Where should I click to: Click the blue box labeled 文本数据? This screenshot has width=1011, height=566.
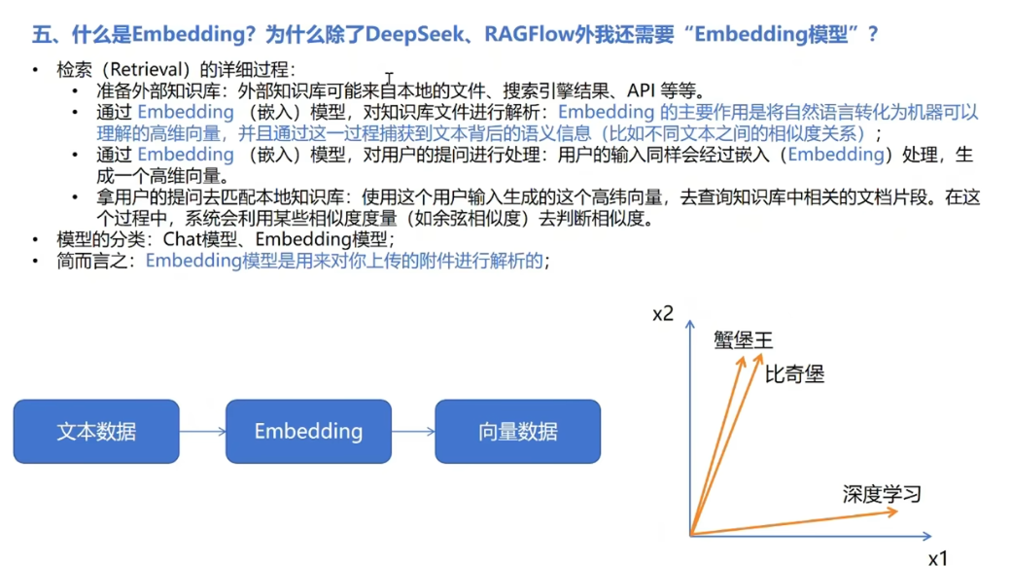coord(96,431)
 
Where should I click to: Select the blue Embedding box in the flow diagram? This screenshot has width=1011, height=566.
coord(308,431)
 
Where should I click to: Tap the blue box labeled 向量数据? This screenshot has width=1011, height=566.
coord(517,431)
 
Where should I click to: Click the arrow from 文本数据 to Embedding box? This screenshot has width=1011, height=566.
coord(202,432)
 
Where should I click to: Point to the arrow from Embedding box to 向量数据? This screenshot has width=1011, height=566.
coord(413,432)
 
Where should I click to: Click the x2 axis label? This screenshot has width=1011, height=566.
coord(663,314)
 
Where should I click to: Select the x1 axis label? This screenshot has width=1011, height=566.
coord(936,557)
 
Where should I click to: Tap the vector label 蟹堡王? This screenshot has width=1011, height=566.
coord(742,340)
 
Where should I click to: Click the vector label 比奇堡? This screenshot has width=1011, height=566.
coord(794,374)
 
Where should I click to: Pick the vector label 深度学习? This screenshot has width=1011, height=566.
coord(881,494)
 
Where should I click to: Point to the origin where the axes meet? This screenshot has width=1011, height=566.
coord(690,535)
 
